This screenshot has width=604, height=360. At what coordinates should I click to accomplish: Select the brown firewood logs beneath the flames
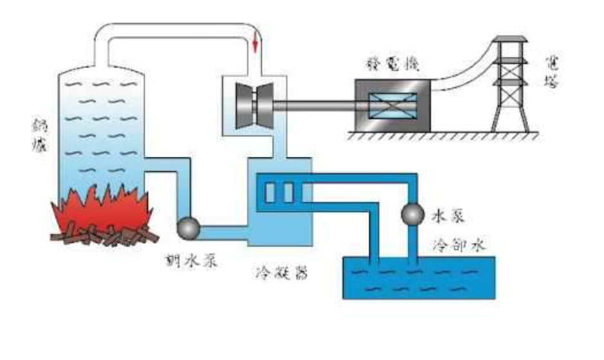tap(106, 236)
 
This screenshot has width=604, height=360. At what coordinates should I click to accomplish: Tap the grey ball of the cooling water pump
tap(412, 213)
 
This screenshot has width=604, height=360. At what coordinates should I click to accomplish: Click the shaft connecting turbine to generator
tap(315, 105)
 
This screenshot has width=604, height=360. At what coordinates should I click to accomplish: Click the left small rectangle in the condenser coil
tap(271, 191)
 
